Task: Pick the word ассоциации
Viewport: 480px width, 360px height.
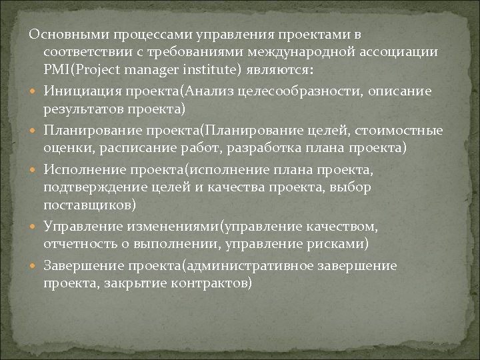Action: pos(404,52)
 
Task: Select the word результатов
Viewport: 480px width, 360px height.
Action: pos(82,109)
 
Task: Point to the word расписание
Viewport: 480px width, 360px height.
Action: pos(149,147)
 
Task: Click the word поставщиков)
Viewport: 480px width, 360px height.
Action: pos(90,205)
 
